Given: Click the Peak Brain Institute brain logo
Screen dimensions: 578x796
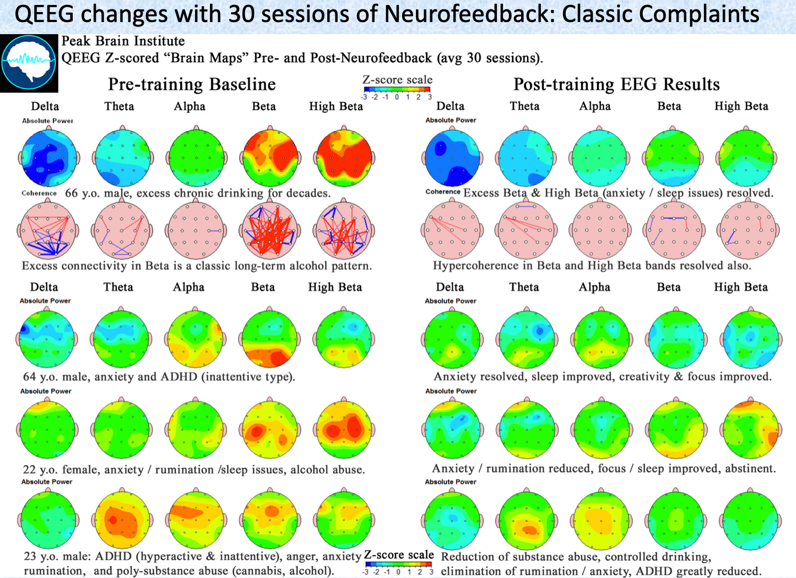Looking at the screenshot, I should point(29,63).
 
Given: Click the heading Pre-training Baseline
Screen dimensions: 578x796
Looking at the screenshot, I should point(192,84).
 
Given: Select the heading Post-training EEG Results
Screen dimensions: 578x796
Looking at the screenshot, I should point(616,84).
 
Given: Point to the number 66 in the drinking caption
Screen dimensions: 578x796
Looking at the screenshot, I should point(72,193).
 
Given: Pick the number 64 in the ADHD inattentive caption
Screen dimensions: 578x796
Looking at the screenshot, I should point(30,377).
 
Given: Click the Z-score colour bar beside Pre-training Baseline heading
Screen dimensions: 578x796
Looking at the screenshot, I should point(397,89).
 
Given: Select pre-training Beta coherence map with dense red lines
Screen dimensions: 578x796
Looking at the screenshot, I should point(270,230).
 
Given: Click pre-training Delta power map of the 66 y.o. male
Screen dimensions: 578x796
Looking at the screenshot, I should point(48,158).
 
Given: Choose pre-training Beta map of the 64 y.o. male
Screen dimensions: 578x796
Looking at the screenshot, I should point(270,338).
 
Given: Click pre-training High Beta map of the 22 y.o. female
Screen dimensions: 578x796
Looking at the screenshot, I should point(344,429).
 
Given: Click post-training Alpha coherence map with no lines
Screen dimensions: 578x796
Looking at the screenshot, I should point(600,230).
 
